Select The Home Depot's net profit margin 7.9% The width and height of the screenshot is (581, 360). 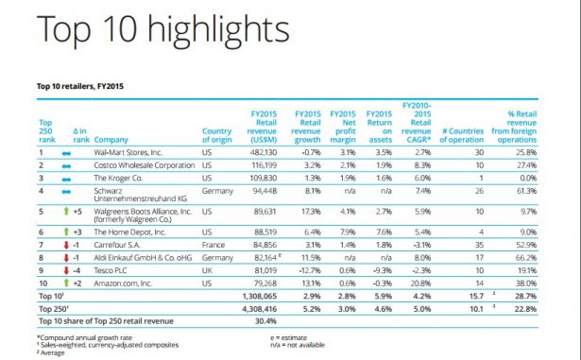pos(345,230)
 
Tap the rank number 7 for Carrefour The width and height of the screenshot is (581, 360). pos(42,243)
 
